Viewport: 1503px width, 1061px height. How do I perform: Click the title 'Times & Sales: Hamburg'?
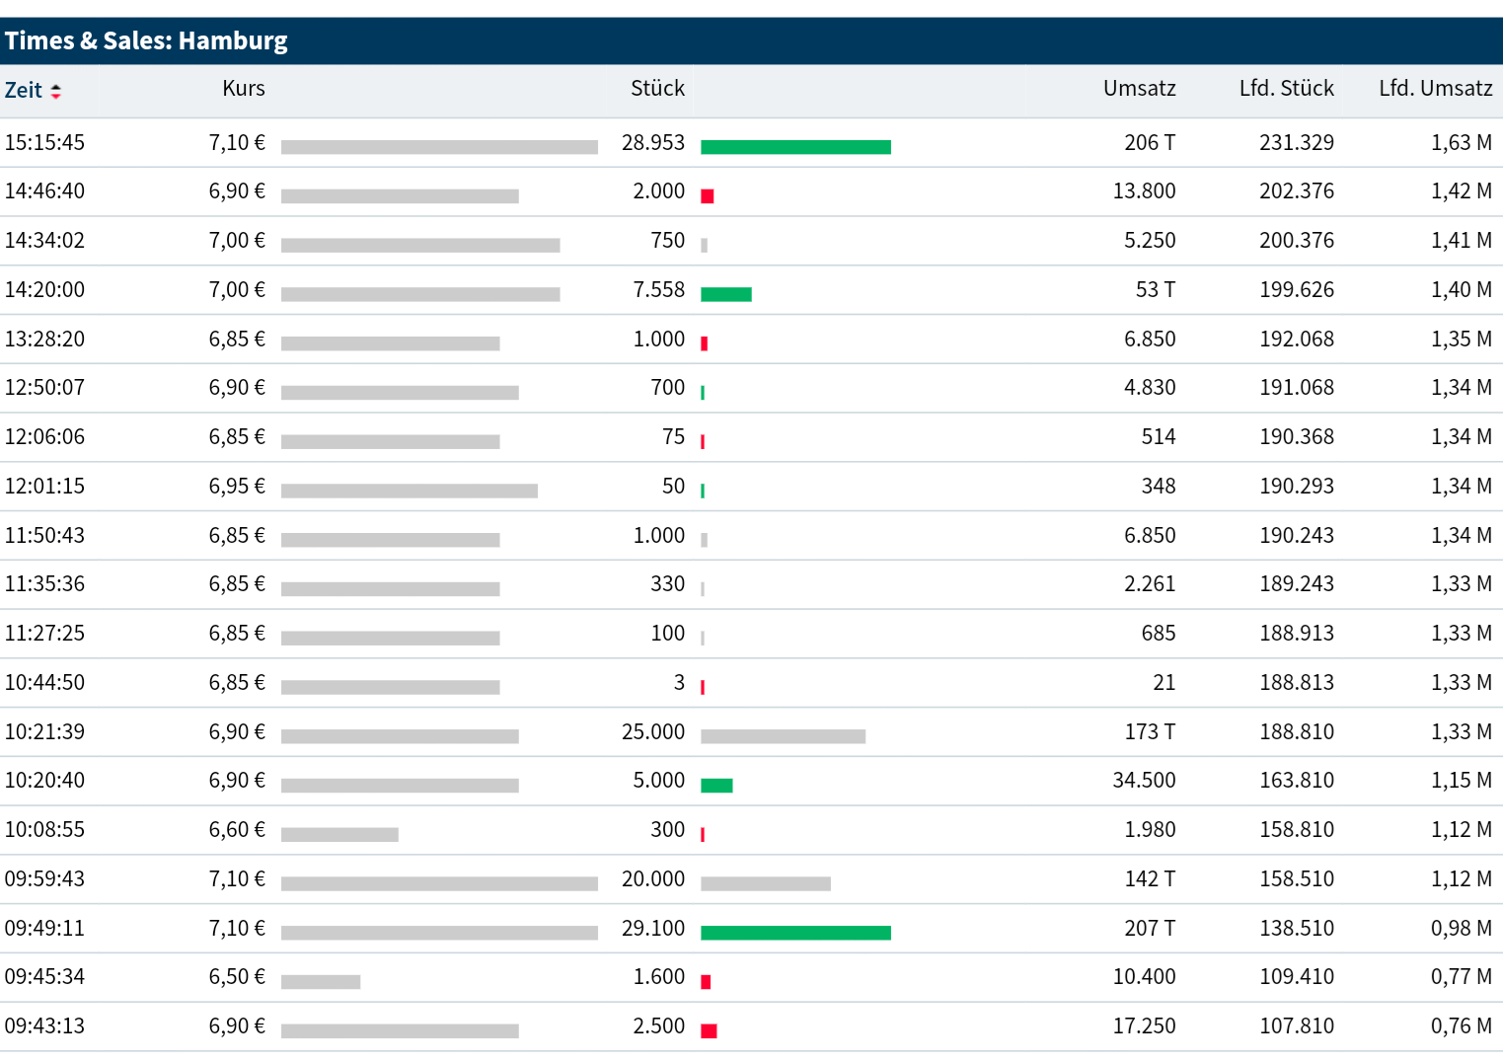pos(146,40)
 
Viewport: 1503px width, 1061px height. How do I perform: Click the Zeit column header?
pos(24,91)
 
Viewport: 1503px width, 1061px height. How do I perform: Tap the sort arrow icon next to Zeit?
pos(56,91)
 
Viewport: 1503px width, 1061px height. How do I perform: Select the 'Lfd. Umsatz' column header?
pos(1435,89)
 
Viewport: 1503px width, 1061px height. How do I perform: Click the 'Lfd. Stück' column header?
pos(1286,89)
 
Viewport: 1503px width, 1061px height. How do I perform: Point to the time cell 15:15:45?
pos(44,143)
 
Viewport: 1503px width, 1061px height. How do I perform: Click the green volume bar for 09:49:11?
pos(795,933)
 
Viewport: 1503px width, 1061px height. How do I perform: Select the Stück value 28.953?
pos(652,143)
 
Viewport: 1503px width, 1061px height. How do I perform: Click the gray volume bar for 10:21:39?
pos(783,736)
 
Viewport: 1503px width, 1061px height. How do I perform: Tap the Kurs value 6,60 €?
pos(237,830)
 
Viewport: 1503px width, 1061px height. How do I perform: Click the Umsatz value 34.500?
pos(1144,781)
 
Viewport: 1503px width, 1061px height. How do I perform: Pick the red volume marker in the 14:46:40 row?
pos(707,196)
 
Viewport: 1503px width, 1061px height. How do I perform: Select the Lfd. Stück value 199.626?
pos(1296,290)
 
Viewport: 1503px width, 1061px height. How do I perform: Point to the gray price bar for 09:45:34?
pos(321,982)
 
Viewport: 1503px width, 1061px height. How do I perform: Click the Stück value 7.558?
pos(658,290)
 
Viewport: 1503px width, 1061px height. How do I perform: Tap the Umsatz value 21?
pos(1164,683)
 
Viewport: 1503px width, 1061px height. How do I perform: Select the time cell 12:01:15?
pos(44,487)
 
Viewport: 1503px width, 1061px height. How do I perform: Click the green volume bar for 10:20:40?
pos(716,786)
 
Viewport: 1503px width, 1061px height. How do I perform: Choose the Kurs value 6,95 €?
pos(237,487)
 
